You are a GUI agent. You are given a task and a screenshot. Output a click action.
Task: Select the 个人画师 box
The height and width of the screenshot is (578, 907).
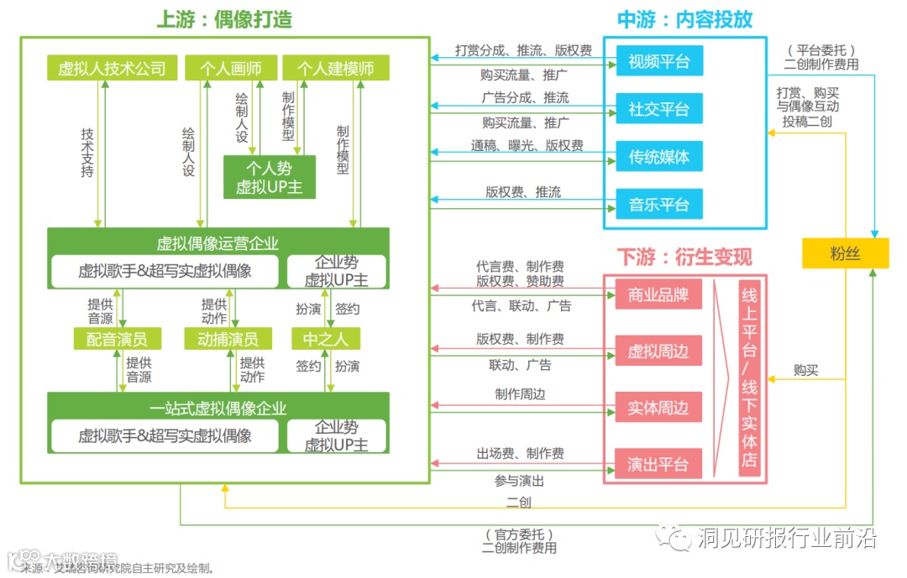point(228,68)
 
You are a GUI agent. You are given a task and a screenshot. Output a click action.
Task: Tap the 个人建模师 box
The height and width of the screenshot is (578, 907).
point(328,68)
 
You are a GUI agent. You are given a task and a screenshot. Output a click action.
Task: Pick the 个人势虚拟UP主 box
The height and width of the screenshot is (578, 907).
point(269,177)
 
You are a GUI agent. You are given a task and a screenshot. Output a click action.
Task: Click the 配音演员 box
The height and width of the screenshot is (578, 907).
point(117,339)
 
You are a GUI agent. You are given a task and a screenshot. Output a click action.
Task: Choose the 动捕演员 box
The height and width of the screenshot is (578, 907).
point(228,339)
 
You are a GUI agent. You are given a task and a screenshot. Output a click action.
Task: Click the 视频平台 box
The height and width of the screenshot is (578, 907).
point(658,61)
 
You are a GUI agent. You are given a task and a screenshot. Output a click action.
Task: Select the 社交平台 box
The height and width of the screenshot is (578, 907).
point(658,109)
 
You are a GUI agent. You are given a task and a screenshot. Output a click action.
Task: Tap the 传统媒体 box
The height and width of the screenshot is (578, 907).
point(658,157)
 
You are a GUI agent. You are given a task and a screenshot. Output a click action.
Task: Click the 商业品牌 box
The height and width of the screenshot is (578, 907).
point(658,294)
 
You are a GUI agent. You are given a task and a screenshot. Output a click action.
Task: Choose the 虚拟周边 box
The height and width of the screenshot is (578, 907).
point(658,351)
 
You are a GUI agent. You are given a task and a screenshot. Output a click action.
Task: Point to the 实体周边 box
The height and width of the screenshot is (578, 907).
point(658,408)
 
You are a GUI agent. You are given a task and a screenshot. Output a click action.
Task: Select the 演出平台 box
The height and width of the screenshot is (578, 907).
point(658,464)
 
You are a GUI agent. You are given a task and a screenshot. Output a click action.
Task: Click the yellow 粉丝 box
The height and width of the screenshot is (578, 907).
point(845,253)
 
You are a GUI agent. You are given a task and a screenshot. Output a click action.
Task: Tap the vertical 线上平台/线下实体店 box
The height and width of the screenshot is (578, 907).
point(749,379)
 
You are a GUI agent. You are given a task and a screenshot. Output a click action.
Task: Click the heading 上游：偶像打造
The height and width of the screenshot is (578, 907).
point(224,19)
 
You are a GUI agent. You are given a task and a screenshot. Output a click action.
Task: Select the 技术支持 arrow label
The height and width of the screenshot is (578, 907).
point(87,152)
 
